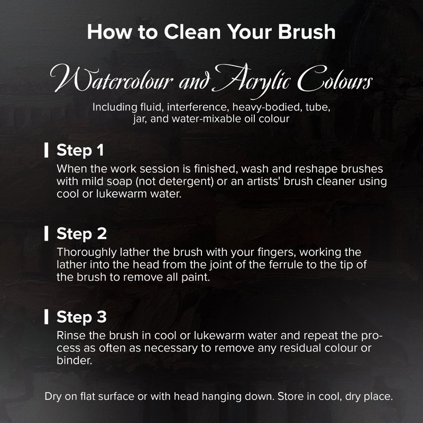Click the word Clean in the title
192,32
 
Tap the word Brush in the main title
307,32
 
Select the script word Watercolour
112,78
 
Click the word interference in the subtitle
197,107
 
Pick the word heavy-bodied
267,107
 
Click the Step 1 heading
80,150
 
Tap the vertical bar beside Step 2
47,233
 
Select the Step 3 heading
81,317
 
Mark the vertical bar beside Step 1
47,150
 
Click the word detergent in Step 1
186,181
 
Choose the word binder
75,361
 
